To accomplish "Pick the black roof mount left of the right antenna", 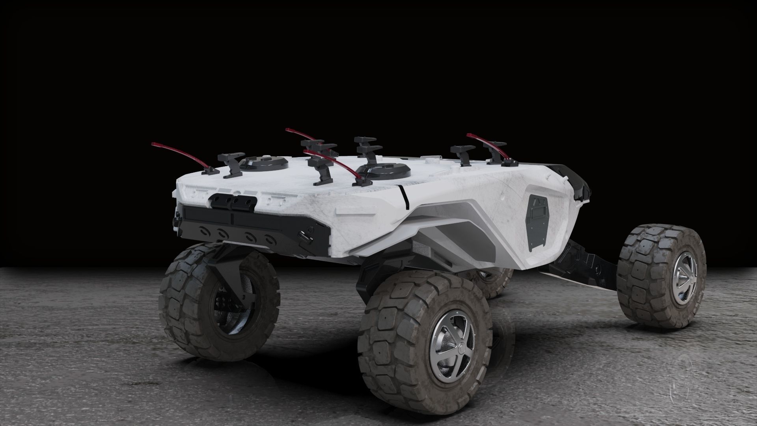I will tap(462, 154).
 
